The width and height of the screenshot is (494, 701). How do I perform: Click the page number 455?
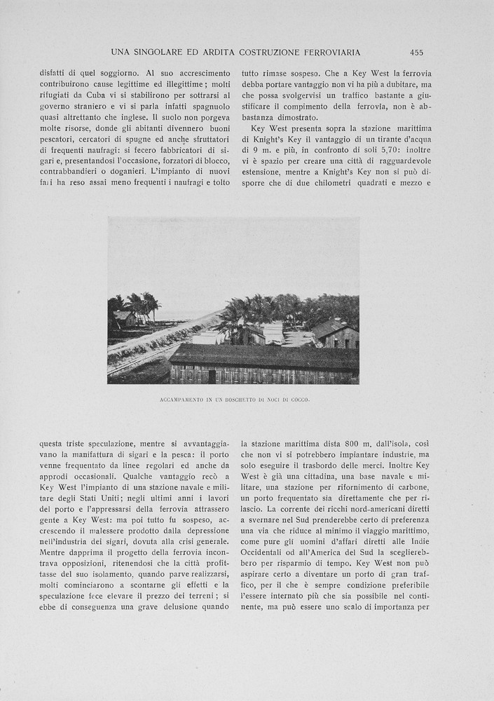tap(416, 53)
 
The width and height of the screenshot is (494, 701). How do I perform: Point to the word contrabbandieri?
tap(74, 171)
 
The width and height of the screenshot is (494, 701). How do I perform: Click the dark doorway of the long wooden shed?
tap(212, 376)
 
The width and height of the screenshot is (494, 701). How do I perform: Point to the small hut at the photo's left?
tap(124, 319)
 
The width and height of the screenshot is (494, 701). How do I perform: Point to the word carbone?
tap(409, 498)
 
